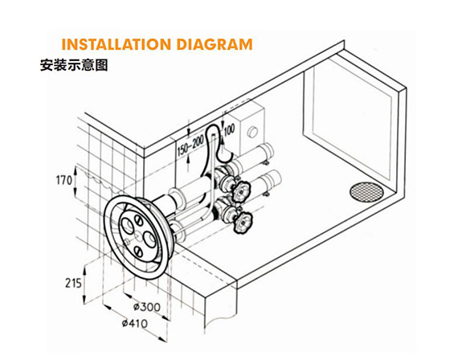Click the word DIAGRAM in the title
tap(215, 44)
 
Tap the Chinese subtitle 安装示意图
tap(74, 65)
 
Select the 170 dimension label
tap(64, 181)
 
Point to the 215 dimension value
tap(73, 283)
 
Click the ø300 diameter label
tap(147, 307)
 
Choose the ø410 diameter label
tap(135, 323)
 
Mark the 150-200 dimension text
tap(190, 145)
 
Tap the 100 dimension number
tap(230, 130)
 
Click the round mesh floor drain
tap(366, 192)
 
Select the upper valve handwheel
tap(241, 191)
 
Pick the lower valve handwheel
tap(243, 223)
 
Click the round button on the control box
tap(252, 132)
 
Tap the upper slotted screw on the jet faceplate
tap(138, 220)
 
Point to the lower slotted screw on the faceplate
tap(137, 250)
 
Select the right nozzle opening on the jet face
tap(149, 238)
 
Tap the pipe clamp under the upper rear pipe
tap(266, 163)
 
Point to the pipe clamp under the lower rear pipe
tap(266, 194)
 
